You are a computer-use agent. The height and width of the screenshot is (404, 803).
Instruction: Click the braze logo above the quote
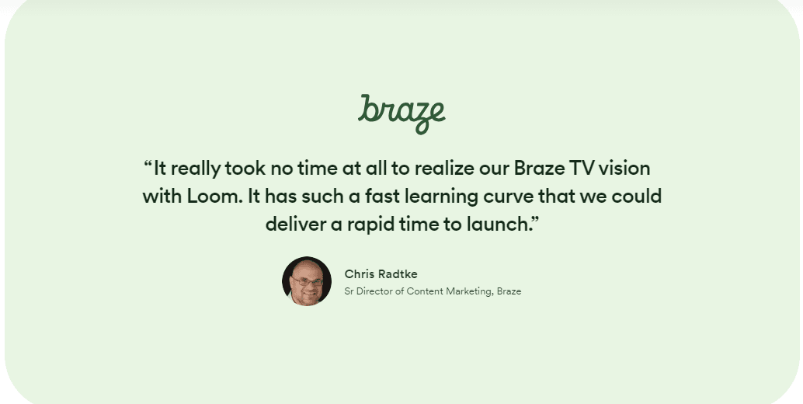(x=401, y=113)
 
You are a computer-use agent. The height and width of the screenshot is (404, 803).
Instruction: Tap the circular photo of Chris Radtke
(x=307, y=281)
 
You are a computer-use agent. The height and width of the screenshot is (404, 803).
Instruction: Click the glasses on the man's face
(x=307, y=280)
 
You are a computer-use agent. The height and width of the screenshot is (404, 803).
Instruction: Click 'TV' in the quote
(x=582, y=168)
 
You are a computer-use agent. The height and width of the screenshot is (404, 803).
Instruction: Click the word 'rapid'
(x=370, y=225)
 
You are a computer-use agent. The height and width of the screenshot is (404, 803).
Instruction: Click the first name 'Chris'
(x=360, y=274)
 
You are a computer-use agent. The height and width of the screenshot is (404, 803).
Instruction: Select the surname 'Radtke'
(x=398, y=274)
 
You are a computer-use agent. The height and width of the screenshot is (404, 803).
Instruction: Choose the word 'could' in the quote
(x=636, y=196)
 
